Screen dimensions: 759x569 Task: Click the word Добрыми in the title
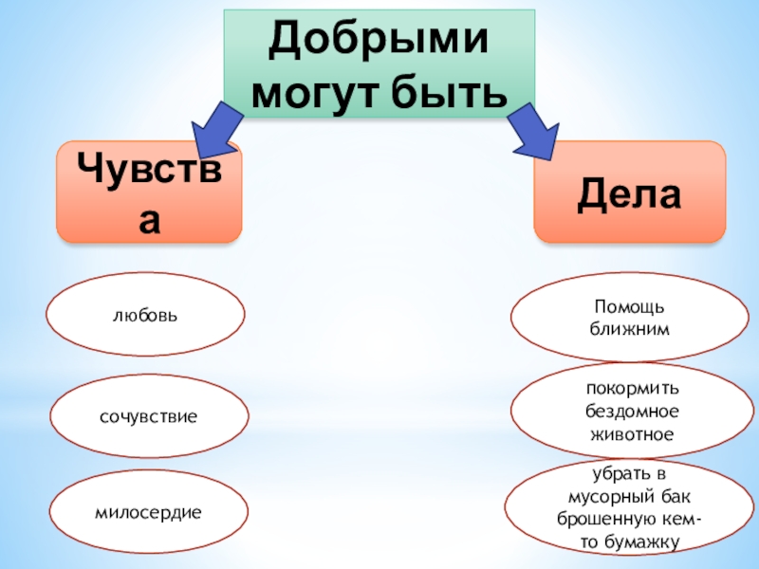pyautogui.click(x=379, y=42)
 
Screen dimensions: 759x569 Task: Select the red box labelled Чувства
pyautogui.click(x=149, y=193)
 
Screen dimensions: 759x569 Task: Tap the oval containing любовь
pyautogui.click(x=146, y=314)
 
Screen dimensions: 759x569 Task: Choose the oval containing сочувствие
pyautogui.click(x=149, y=416)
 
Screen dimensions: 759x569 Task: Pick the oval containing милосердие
pyautogui.click(x=148, y=513)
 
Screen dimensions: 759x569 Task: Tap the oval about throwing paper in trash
pyautogui.click(x=630, y=510)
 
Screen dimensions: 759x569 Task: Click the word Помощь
pyautogui.click(x=630, y=308)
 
